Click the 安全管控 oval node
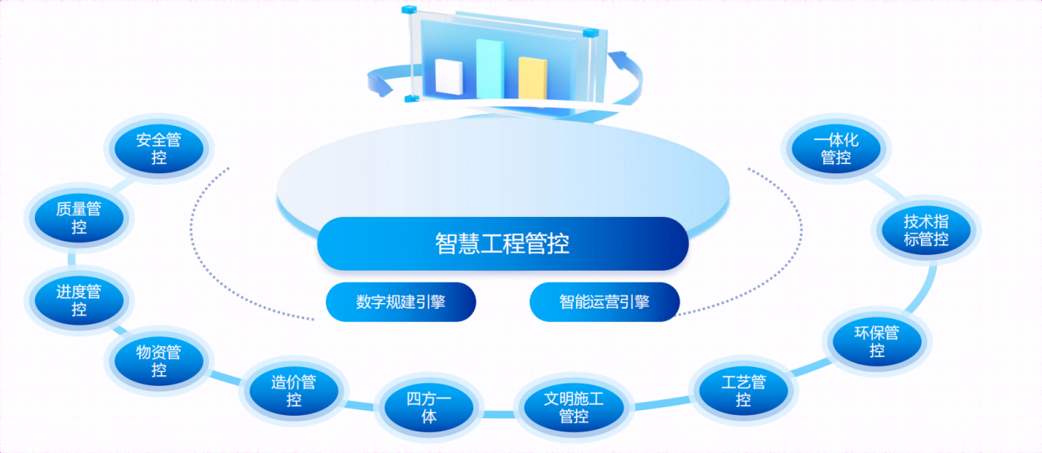[x=158, y=149]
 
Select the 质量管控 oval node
[x=79, y=218]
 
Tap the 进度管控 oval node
[x=79, y=300]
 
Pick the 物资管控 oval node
[x=158, y=361]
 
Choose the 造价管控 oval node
[x=293, y=390]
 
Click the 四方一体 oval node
[x=429, y=407]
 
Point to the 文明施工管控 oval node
[x=574, y=407]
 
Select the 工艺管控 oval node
[x=744, y=390]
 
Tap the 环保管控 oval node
[x=877, y=341]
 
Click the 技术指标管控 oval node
[x=926, y=230]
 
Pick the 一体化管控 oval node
[x=836, y=149]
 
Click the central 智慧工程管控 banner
[x=502, y=243]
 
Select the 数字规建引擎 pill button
[x=400, y=302]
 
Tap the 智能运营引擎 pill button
[x=604, y=302]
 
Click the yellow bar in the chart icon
[x=533, y=78]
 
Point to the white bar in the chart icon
[x=449, y=77]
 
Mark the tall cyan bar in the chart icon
[x=490, y=69]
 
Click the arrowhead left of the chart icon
[x=380, y=87]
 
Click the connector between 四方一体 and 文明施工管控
[x=499, y=414]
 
